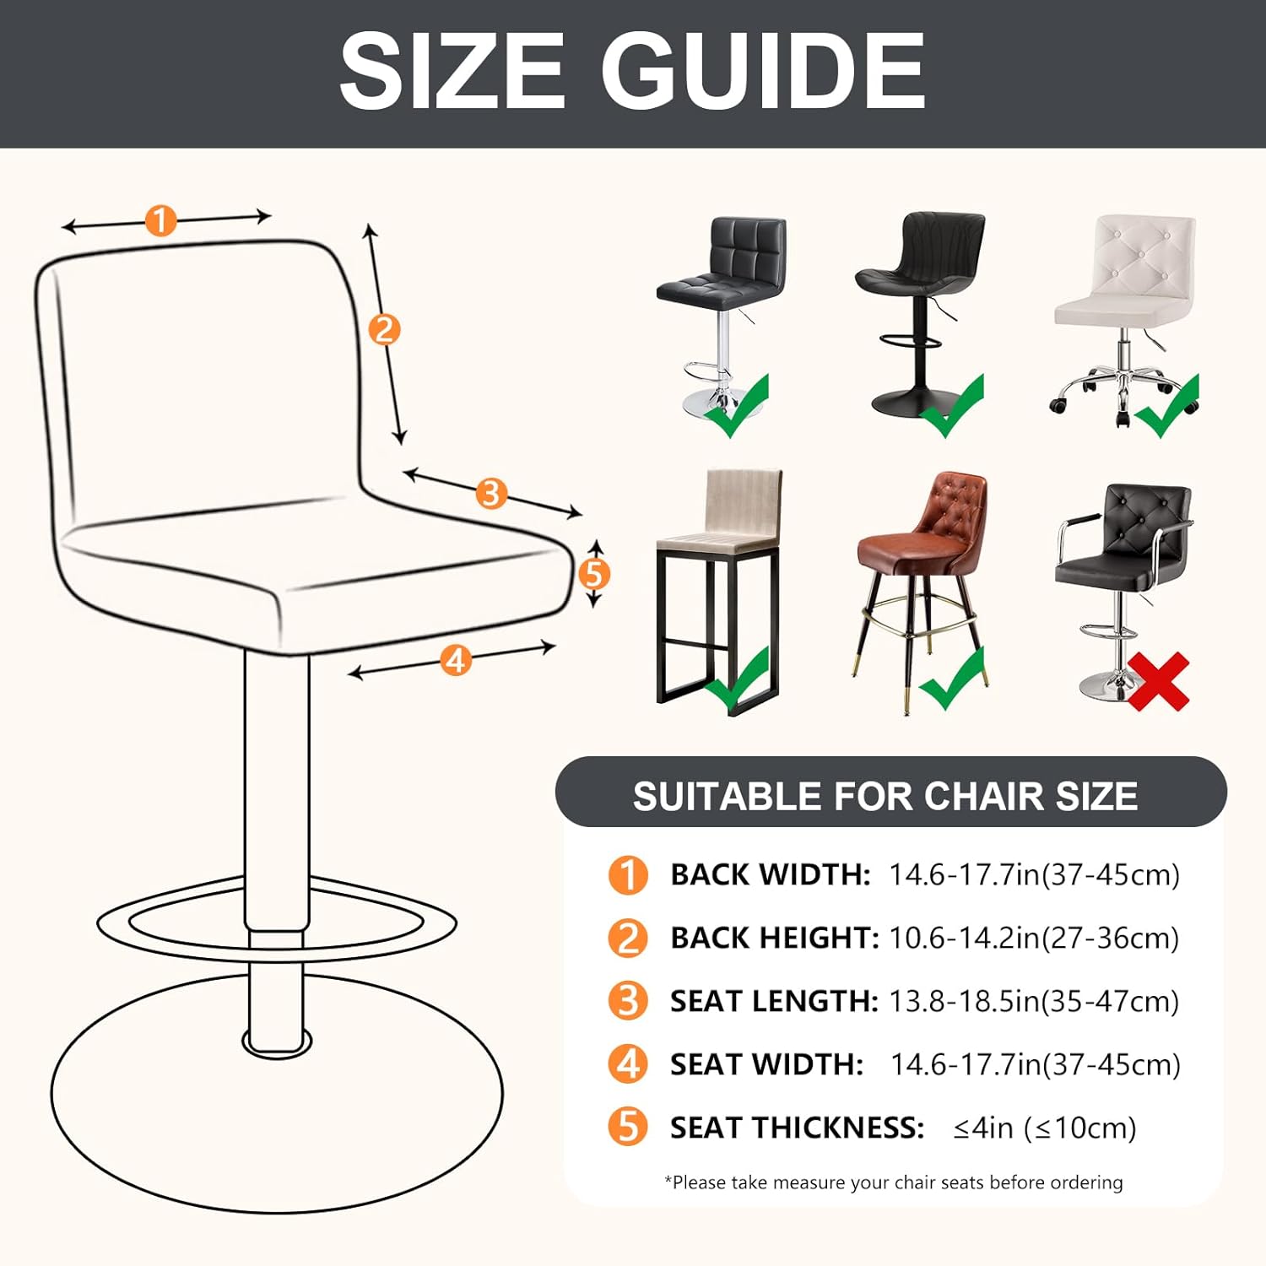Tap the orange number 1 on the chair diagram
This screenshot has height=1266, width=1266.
click(x=160, y=221)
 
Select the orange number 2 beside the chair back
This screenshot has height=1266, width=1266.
click(x=384, y=329)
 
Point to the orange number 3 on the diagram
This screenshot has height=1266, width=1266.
click(x=491, y=493)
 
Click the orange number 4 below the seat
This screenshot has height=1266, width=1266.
click(x=456, y=660)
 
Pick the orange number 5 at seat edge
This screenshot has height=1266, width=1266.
click(x=594, y=574)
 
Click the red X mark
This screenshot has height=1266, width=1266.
click(x=1158, y=682)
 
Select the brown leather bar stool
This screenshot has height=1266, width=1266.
click(x=922, y=582)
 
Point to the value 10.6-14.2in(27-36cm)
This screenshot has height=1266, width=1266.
click(x=1034, y=938)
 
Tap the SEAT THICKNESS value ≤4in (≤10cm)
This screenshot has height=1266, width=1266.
click(x=1045, y=1128)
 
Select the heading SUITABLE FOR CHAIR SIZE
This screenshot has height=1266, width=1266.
click(x=885, y=796)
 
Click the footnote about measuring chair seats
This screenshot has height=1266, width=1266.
click(x=893, y=1182)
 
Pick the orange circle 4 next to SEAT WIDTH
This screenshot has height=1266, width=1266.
click(x=628, y=1064)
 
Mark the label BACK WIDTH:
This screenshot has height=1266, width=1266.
click(x=770, y=874)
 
